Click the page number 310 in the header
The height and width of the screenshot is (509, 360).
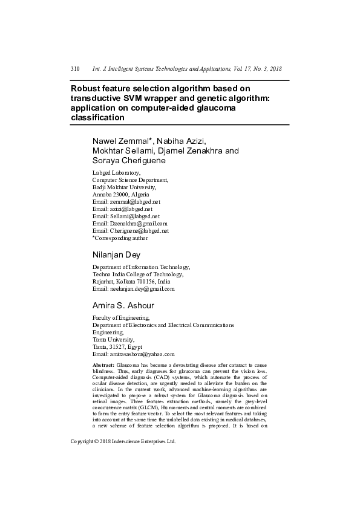coord(75,70)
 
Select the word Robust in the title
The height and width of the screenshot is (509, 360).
coord(87,88)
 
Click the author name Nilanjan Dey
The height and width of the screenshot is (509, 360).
coord(116,255)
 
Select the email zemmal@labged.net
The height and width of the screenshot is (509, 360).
coord(134,201)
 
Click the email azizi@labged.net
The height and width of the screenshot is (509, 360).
coord(131,209)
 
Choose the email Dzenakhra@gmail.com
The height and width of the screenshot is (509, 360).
coord(138,223)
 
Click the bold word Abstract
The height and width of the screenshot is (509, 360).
coord(103,366)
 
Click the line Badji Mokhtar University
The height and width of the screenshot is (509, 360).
coord(124,187)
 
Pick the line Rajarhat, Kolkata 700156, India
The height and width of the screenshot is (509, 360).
coord(131,282)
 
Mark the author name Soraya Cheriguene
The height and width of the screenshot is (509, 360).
coord(128,161)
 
